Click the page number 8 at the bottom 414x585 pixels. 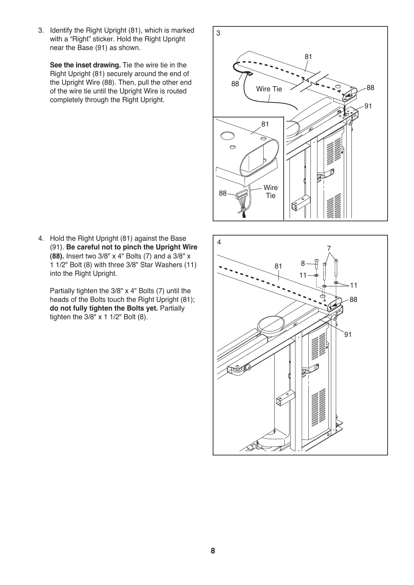click(213, 551)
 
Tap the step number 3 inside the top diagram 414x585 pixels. click(218, 33)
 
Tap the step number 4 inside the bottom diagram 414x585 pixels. click(219, 242)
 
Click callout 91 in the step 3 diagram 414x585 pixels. click(368, 106)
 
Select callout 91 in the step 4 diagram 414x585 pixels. click(348, 335)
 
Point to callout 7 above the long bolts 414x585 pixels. click(329, 248)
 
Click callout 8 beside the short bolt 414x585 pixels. click(303, 264)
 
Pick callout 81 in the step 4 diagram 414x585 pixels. click(278, 266)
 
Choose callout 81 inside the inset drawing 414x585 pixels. click(265, 124)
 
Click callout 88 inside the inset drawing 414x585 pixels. click(223, 193)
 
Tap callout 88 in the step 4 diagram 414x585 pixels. click(354, 300)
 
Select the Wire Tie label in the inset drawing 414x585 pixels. click(270, 192)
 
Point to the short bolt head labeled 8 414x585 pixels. click(317, 260)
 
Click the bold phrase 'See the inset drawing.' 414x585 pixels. click(86, 65)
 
